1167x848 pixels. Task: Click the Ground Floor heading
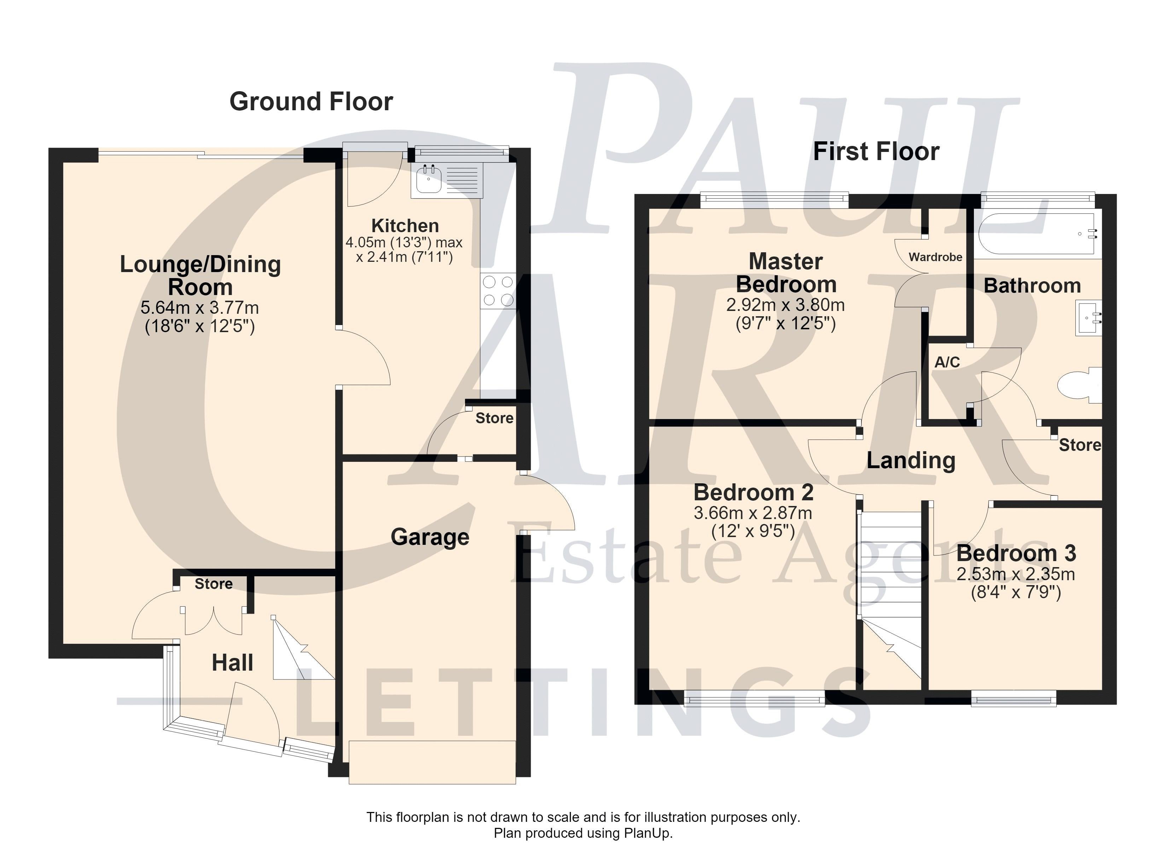click(x=311, y=101)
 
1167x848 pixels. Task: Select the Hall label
click(x=233, y=663)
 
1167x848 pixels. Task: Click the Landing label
click(x=911, y=460)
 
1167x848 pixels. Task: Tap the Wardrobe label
click(x=935, y=257)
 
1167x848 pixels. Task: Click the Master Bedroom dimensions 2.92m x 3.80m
click(x=785, y=305)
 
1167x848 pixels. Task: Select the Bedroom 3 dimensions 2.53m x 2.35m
click(x=1016, y=574)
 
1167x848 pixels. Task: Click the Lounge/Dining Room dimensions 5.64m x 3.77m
click(x=200, y=307)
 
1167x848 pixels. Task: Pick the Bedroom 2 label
click(x=753, y=492)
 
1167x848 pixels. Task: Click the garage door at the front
click(x=432, y=762)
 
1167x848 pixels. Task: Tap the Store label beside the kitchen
click(x=494, y=418)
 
